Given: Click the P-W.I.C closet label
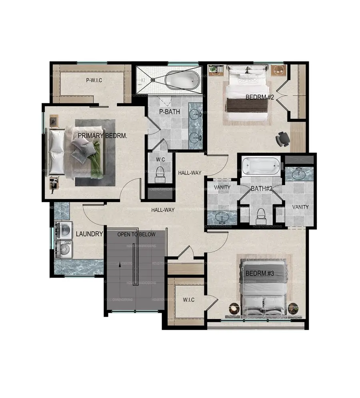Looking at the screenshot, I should [x=94, y=80].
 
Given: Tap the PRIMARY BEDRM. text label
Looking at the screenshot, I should [x=102, y=136].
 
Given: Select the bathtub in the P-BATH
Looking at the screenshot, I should [x=183, y=80].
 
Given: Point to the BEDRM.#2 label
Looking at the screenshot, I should [x=260, y=97].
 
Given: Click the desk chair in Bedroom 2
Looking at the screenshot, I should [x=283, y=138].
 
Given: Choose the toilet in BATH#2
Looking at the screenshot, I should [x=260, y=215].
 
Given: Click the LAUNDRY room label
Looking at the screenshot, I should [x=90, y=234].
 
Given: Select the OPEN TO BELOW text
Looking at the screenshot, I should [x=136, y=234].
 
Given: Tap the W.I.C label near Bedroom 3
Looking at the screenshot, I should [x=188, y=300].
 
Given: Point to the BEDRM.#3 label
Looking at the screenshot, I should [x=260, y=274].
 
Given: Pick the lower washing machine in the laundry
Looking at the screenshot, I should [x=64, y=249].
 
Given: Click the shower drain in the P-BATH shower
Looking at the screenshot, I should [x=152, y=80].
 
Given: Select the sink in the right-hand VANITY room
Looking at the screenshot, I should [x=299, y=175].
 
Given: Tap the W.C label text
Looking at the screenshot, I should [x=160, y=159].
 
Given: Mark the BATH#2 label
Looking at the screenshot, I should [x=262, y=188].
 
